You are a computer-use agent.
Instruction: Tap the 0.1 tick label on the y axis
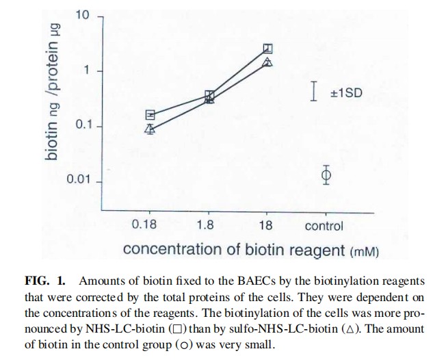click(x=82, y=126)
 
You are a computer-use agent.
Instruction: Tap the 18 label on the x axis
click(x=267, y=225)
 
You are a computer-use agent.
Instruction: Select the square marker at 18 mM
click(x=268, y=49)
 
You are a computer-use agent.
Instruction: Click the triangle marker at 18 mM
click(x=268, y=62)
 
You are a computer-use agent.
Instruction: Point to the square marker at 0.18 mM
click(x=150, y=114)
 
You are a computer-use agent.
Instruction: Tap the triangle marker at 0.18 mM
click(x=150, y=128)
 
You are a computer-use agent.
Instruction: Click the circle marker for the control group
click(x=326, y=176)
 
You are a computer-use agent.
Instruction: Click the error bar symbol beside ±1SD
click(x=314, y=91)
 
